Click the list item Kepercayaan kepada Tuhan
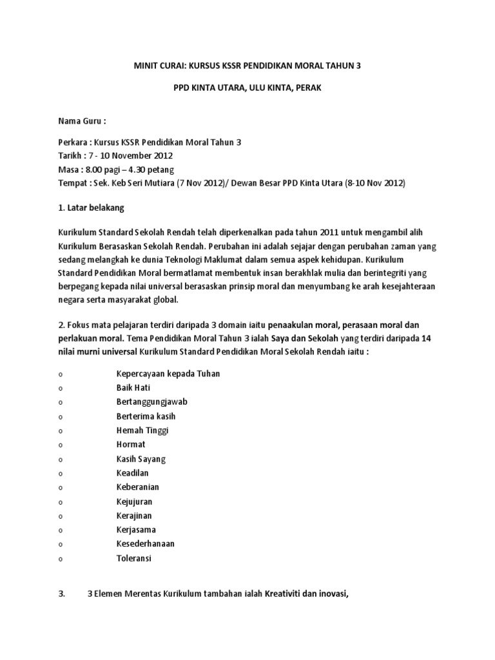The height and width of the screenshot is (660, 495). [168, 374]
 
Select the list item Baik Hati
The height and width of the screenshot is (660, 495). [133, 388]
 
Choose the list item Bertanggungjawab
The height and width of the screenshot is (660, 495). [151, 402]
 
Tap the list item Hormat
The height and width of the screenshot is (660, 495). [131, 445]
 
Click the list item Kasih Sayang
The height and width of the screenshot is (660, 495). [141, 459]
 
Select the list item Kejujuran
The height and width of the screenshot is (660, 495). [134, 501]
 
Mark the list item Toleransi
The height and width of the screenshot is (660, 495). [133, 558]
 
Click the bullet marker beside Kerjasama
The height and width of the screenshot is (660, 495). [60, 530]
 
